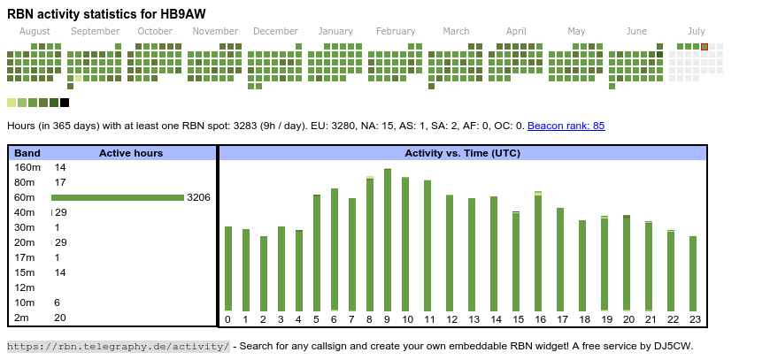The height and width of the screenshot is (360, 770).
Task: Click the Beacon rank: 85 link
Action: (x=566, y=126)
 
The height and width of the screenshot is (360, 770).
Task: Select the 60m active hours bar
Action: (x=117, y=197)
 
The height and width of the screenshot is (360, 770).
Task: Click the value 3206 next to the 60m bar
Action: (x=198, y=197)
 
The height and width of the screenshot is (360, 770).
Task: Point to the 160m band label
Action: (x=27, y=167)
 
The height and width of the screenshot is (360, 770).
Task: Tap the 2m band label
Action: (x=22, y=318)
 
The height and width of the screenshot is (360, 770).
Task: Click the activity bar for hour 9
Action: (x=388, y=239)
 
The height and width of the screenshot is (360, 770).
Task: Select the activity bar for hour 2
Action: (x=264, y=272)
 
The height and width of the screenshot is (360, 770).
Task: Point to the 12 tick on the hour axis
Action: (x=451, y=319)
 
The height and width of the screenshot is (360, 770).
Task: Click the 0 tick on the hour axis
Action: (x=227, y=319)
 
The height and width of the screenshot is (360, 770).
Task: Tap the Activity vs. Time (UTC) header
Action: (x=462, y=153)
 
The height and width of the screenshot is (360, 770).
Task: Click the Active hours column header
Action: (x=131, y=153)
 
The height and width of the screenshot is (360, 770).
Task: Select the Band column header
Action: (x=27, y=153)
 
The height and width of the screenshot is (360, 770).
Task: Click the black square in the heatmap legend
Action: (x=65, y=103)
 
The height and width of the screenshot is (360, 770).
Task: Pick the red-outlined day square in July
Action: (x=705, y=47)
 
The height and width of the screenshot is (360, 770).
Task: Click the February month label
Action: (x=396, y=31)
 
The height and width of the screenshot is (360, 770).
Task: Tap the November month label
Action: (x=215, y=31)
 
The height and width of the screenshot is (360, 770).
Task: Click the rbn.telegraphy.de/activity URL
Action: (x=118, y=346)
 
